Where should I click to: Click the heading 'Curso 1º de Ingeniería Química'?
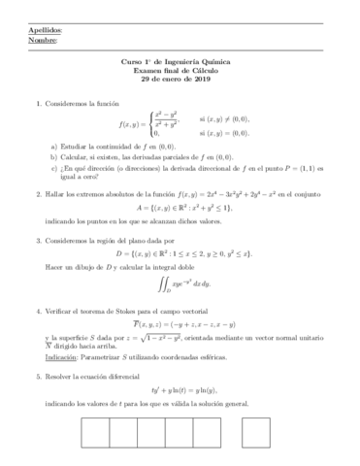(x=180, y=63)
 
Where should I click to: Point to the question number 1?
(x=36, y=103)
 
